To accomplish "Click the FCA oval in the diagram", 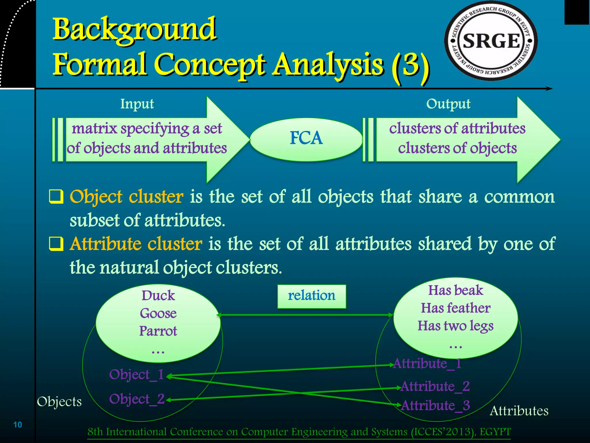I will pyautogui.click(x=306, y=138).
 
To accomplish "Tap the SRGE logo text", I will pyautogui.click(x=491, y=41).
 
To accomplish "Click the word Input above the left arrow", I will pyautogui.click(x=137, y=104).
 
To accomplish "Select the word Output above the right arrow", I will pyautogui.click(x=448, y=104).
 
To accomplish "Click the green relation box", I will pyautogui.click(x=311, y=296).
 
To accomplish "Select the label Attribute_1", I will pyautogui.click(x=427, y=363).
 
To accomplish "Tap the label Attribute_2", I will pyautogui.click(x=435, y=386).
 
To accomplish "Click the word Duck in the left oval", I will pyautogui.click(x=158, y=296).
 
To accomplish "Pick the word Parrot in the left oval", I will pyautogui.click(x=158, y=331).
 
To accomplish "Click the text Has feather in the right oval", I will pyautogui.click(x=455, y=308).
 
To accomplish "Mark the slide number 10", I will pyautogui.click(x=18, y=425).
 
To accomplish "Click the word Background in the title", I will pyautogui.click(x=134, y=29).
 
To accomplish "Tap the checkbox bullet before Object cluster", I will pyautogui.click(x=56, y=197).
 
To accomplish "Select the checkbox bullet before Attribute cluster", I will pyautogui.click(x=56, y=244).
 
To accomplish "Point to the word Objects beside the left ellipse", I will pyautogui.click(x=59, y=401).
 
